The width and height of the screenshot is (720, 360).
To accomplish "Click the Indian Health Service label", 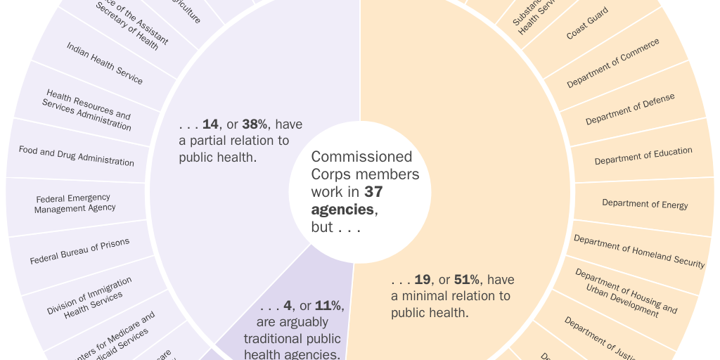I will (x=105, y=63).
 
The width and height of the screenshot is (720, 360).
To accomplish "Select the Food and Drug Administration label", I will (x=76, y=156).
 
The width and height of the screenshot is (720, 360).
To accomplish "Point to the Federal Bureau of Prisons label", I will (x=79, y=252).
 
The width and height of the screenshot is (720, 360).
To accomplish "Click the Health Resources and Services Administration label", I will (x=87, y=110).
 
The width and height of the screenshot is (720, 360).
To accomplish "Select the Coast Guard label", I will (x=587, y=24).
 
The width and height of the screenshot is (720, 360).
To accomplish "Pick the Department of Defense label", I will (x=630, y=109).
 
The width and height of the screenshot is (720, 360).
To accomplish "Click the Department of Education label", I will (x=643, y=156).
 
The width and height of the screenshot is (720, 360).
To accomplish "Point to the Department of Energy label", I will (x=645, y=204).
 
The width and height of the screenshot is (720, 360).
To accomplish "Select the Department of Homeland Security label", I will (x=638, y=251).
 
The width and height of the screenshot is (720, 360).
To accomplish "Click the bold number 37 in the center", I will (x=373, y=191).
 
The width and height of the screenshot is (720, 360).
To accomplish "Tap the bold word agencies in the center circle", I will (x=343, y=210).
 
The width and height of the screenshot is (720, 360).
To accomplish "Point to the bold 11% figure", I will (x=328, y=306).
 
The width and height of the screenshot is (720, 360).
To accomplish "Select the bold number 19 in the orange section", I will (x=423, y=280).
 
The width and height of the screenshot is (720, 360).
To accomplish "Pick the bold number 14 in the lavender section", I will (x=210, y=124).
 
